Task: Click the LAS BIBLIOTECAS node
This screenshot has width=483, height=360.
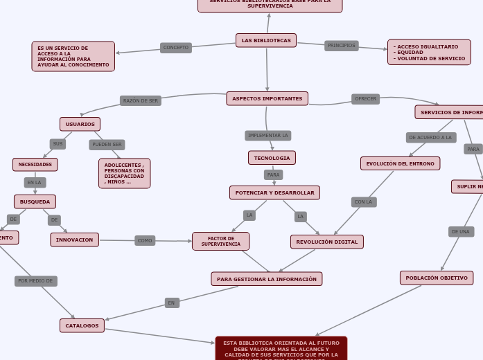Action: (x=266, y=40)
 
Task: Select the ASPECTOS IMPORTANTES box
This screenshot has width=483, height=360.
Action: (x=267, y=98)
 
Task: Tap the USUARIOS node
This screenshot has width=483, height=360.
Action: (x=80, y=124)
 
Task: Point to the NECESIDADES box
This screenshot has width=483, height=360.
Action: (x=35, y=164)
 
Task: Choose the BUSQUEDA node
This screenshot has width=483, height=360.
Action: (x=35, y=201)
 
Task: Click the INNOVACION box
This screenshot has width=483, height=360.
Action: (x=74, y=240)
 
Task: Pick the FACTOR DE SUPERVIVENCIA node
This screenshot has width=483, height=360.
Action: (x=220, y=241)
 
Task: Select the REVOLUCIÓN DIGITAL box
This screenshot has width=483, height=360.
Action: (x=326, y=242)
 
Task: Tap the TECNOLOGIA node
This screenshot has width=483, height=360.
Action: (x=272, y=158)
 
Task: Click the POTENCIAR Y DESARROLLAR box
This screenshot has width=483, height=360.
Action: (x=274, y=192)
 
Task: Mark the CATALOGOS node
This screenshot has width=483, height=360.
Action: (x=82, y=325)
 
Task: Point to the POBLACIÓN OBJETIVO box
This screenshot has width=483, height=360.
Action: (x=436, y=278)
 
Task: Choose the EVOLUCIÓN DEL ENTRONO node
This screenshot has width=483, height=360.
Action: (x=400, y=163)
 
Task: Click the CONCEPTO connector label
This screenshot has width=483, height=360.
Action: (x=175, y=48)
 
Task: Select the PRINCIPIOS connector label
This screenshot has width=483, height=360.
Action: (x=341, y=46)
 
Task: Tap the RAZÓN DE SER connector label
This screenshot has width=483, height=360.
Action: (x=140, y=100)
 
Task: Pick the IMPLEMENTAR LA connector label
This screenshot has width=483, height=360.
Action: (x=267, y=136)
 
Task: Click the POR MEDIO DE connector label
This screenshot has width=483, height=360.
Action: (x=35, y=281)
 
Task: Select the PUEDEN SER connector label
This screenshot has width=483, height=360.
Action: (x=107, y=145)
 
